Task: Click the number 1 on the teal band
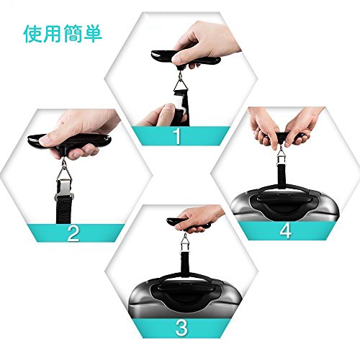[177, 136]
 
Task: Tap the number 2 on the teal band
[73, 233]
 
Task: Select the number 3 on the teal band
[181, 328]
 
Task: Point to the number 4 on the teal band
[286, 230]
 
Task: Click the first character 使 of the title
[33, 34]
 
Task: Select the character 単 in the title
[93, 34]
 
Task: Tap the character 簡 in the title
[73, 34]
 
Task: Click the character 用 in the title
[53, 34]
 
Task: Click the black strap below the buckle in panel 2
[63, 210]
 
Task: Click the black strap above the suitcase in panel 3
[185, 261]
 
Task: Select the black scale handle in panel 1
[186, 59]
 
